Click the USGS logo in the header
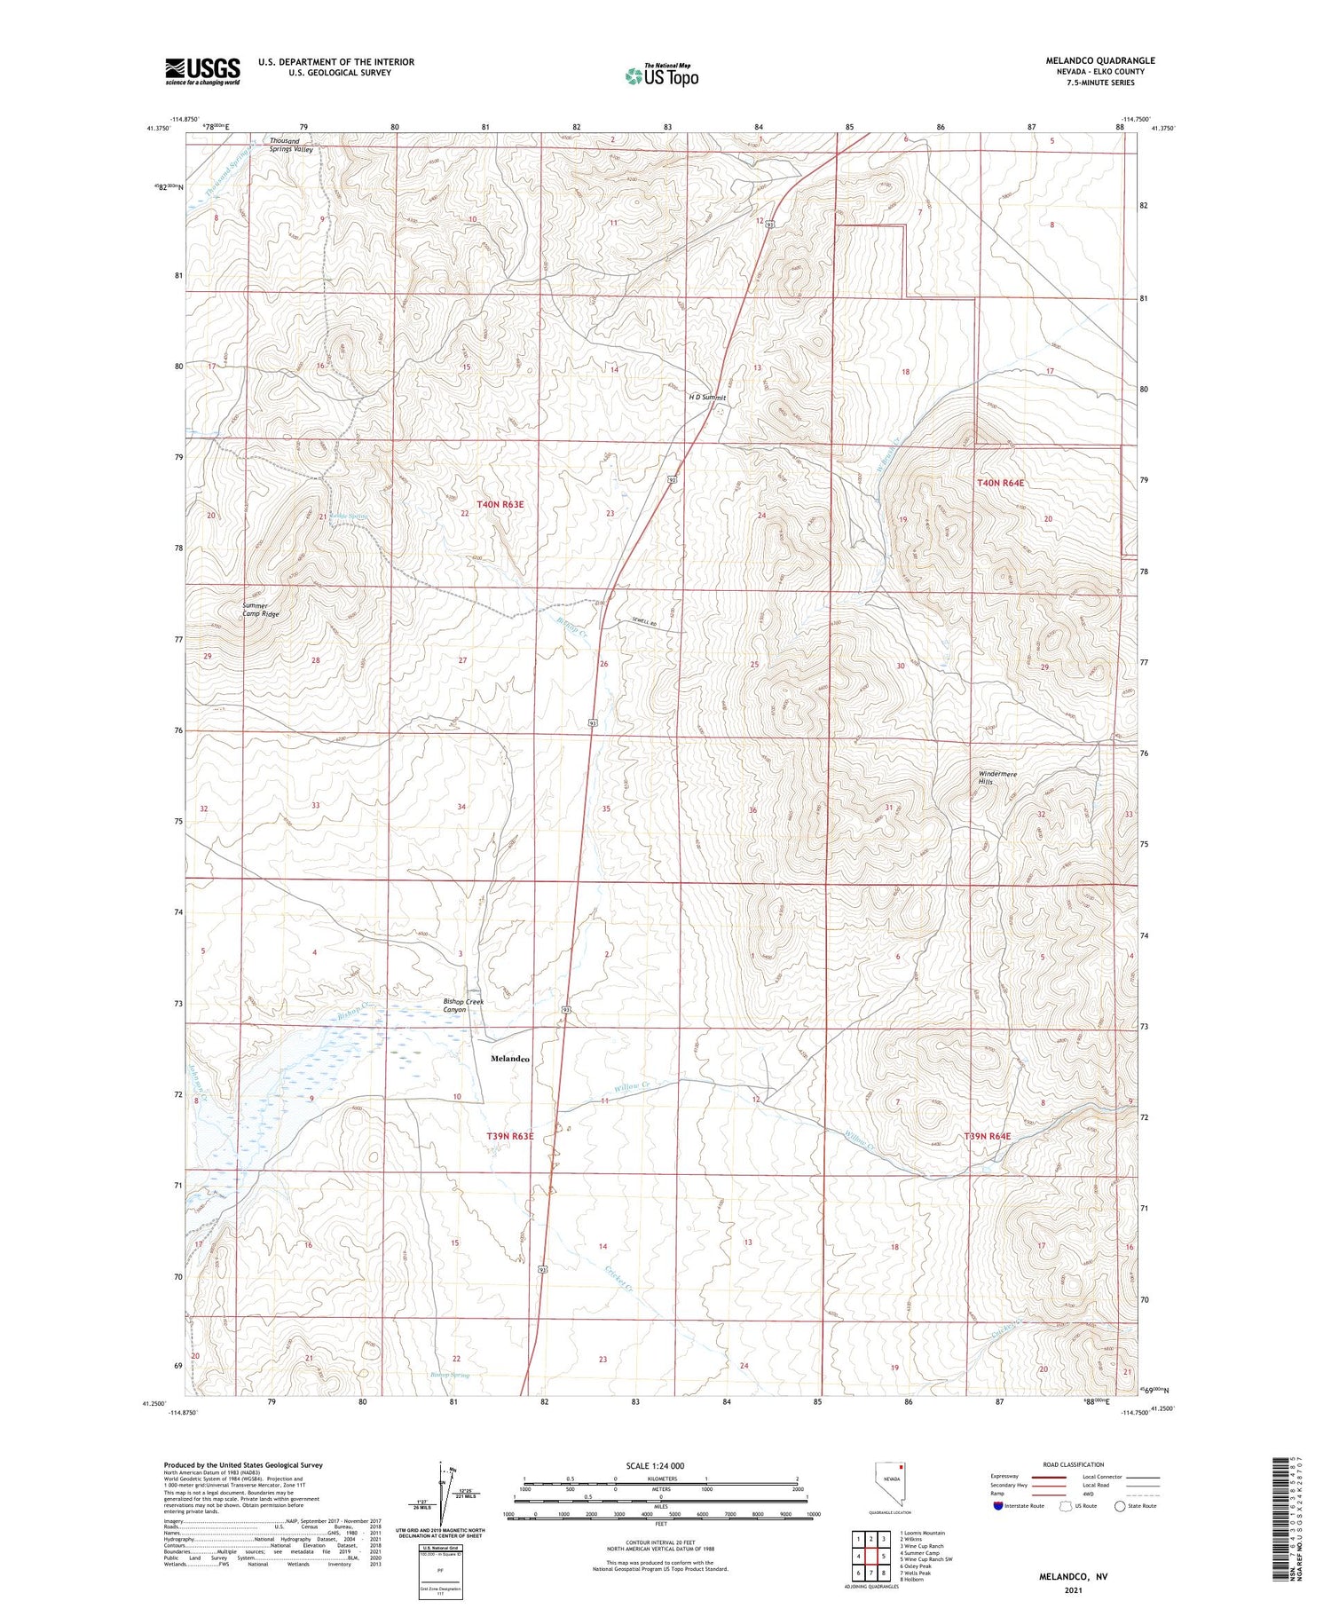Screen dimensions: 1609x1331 click(202, 71)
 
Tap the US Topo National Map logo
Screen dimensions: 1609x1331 click(662, 76)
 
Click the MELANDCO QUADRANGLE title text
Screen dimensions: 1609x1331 click(1100, 60)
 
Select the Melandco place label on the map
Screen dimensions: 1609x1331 click(510, 1058)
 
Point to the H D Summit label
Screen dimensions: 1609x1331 click(707, 398)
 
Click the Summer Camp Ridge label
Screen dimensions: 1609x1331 click(261, 610)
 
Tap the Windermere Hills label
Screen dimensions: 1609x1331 click(997, 777)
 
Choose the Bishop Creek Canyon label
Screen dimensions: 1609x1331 click(463, 1006)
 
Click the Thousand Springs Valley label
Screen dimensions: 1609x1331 click(291, 146)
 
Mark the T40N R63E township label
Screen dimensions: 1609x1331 click(500, 504)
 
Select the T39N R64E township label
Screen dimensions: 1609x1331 click(988, 1136)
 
